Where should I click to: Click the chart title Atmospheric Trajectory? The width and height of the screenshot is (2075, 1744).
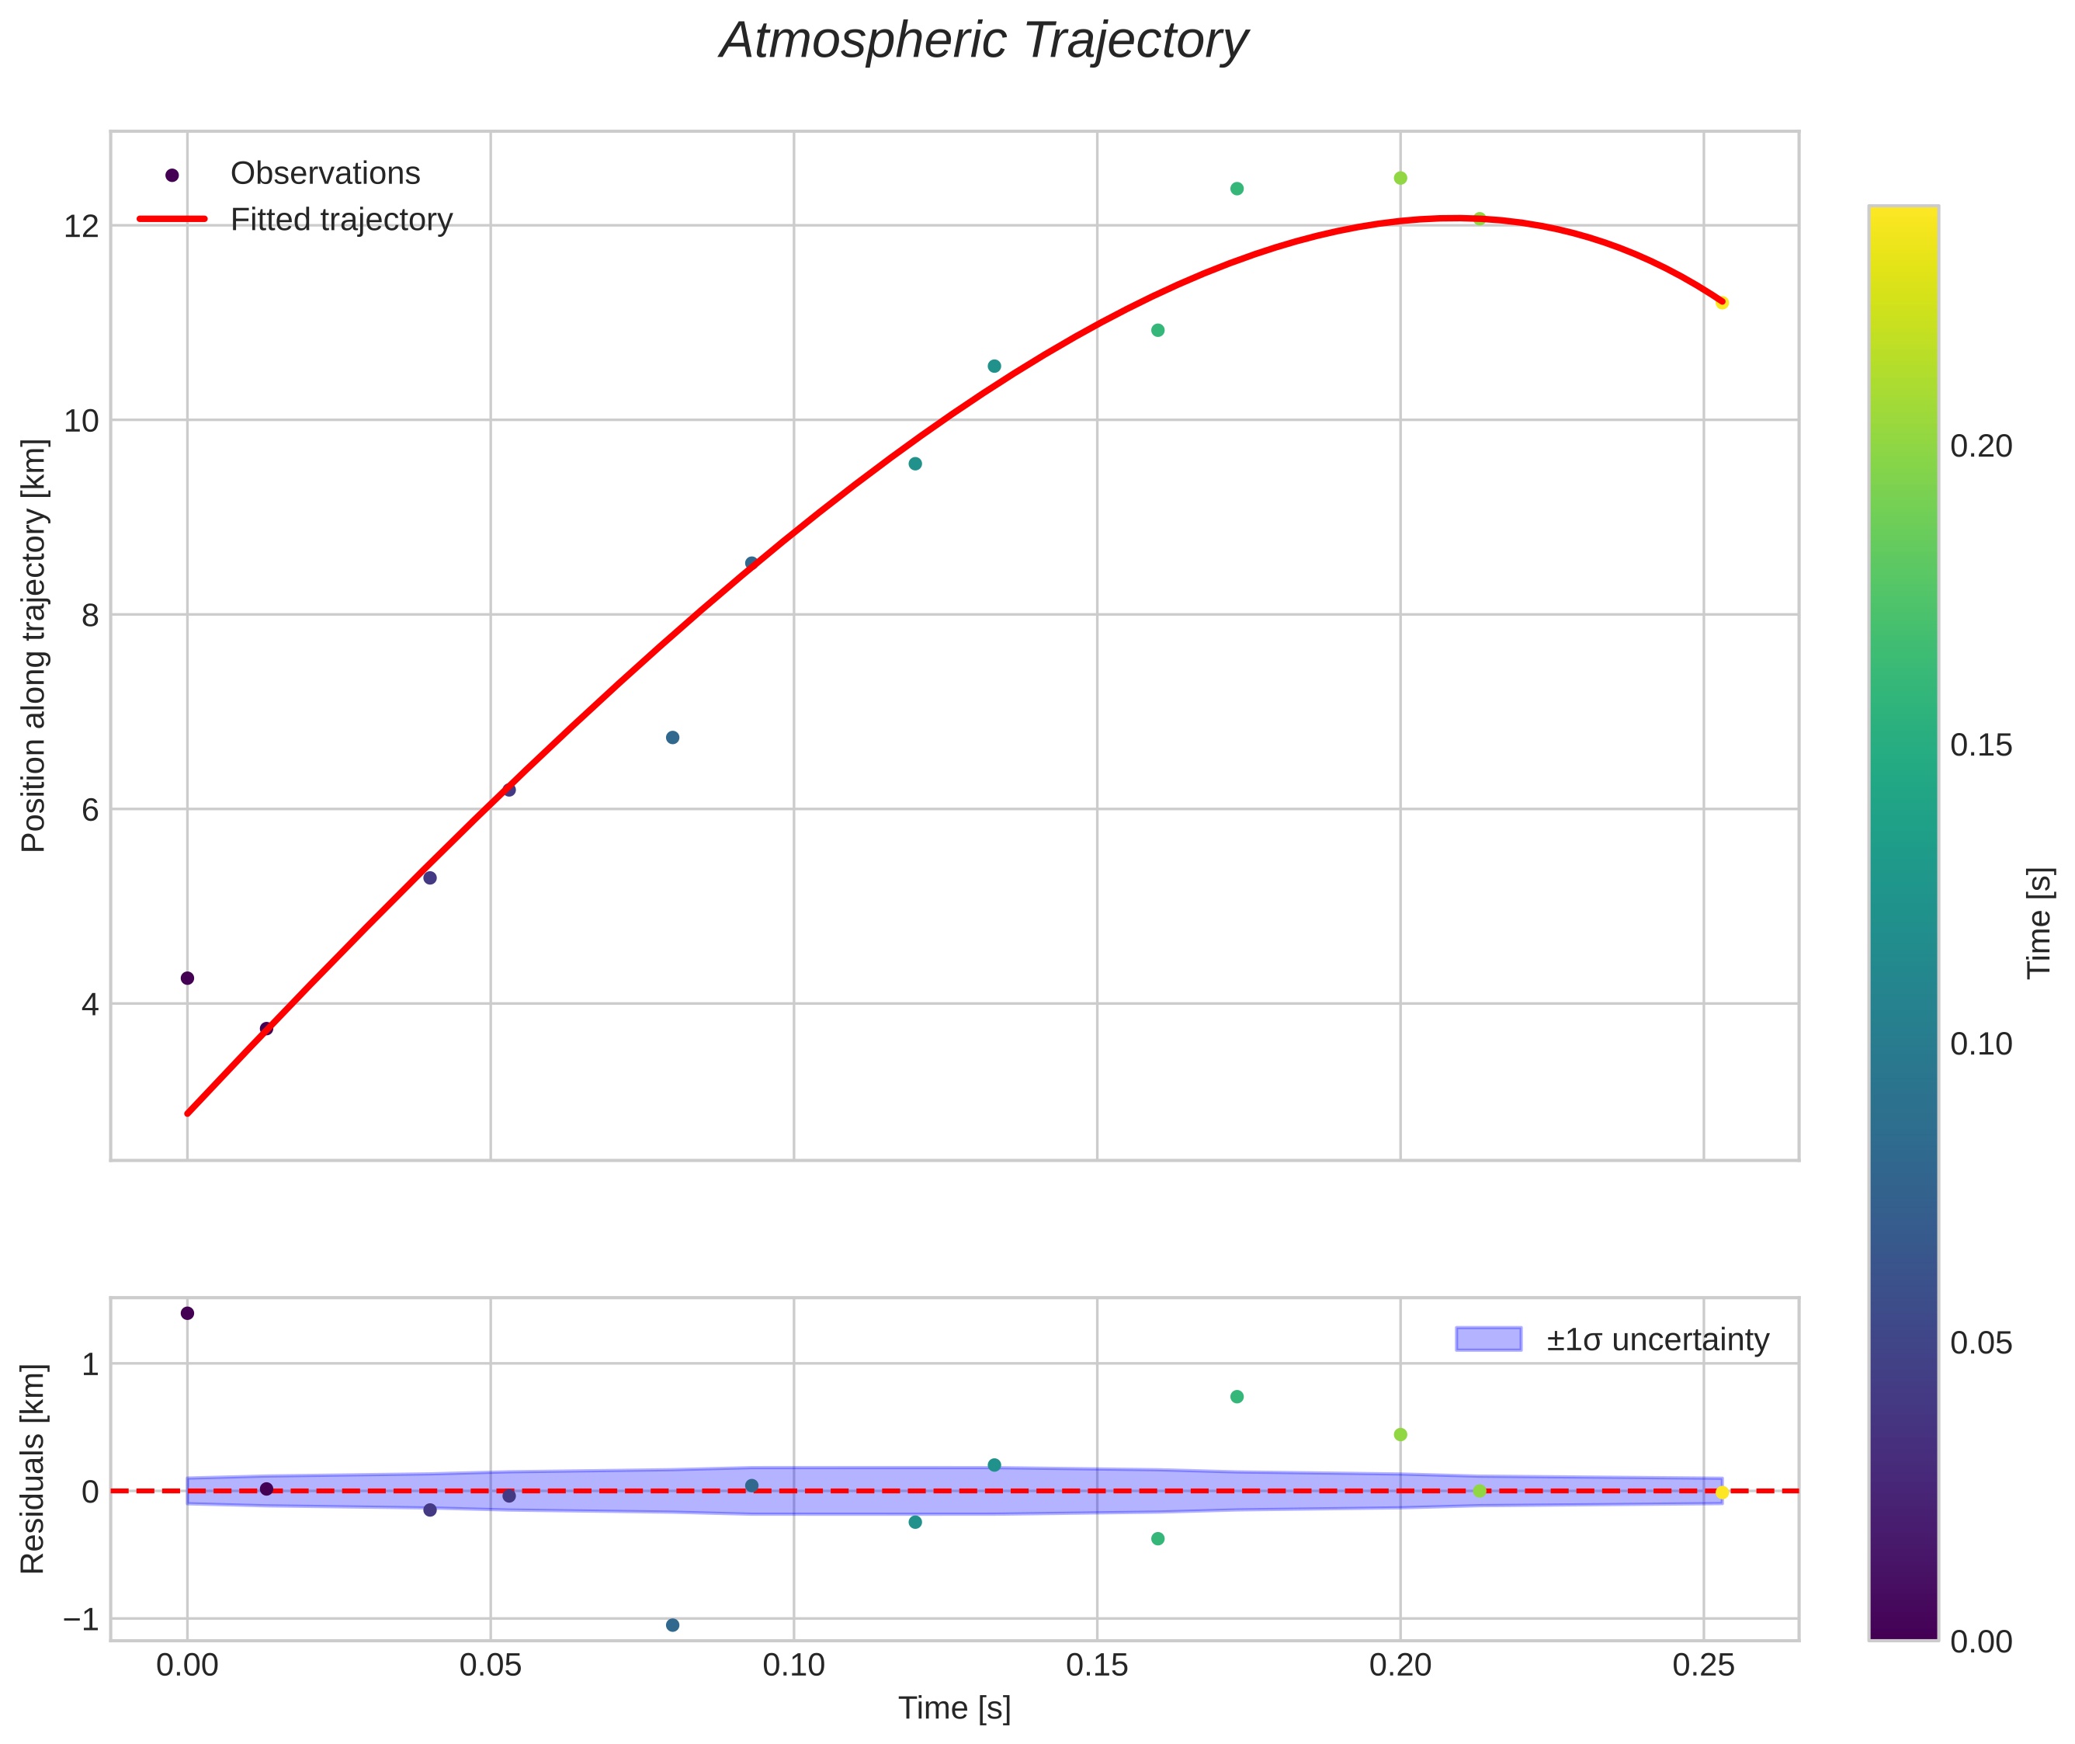(x=984, y=41)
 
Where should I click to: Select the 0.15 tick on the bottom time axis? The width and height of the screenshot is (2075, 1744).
(x=1096, y=1666)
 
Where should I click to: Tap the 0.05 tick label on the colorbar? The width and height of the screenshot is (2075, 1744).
(x=1980, y=1343)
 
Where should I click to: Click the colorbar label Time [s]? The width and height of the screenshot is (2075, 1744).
(x=2039, y=923)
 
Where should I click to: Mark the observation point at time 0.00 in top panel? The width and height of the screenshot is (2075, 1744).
(x=187, y=978)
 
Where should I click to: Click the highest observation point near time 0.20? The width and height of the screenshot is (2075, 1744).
(x=1400, y=178)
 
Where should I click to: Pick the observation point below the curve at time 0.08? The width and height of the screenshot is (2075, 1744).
(x=672, y=738)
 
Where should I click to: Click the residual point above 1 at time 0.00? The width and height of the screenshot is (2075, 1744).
(x=187, y=1313)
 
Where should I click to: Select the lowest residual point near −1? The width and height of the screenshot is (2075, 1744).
(x=672, y=1625)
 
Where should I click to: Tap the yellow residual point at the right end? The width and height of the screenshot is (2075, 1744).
(x=1722, y=1492)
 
